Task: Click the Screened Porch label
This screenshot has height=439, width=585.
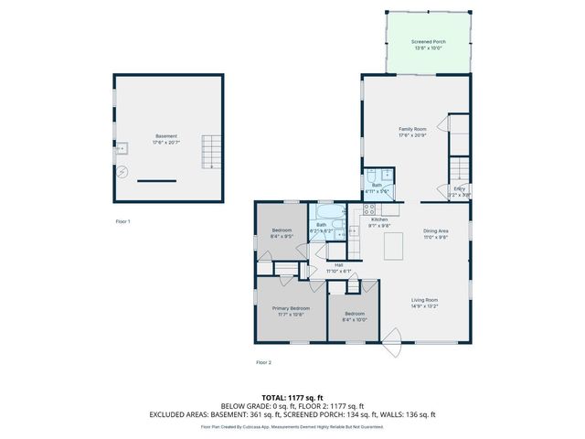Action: point(427,42)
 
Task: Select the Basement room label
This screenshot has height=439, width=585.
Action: point(165,135)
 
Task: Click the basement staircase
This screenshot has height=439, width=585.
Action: point(211,152)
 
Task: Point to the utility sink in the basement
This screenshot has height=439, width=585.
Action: point(121,147)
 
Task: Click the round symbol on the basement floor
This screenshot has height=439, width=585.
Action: point(125,171)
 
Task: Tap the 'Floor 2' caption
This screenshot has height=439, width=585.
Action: point(264,363)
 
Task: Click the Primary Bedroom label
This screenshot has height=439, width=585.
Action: point(292,309)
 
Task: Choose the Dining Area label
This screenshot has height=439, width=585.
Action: point(435,231)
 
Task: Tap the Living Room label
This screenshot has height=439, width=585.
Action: point(424,300)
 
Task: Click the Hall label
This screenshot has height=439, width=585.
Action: point(338,265)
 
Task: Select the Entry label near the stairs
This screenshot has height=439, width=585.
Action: point(460,189)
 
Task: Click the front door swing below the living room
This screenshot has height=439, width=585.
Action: point(393,342)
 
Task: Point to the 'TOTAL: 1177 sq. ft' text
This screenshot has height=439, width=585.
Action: point(292,398)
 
